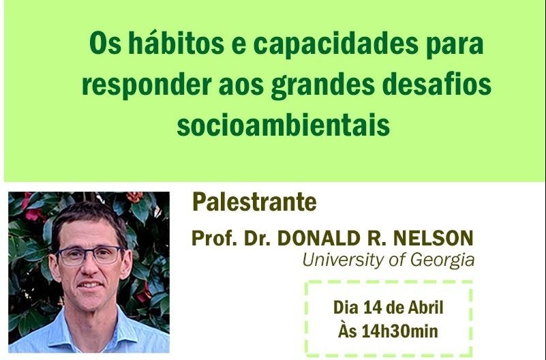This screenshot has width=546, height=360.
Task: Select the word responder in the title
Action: (147, 85)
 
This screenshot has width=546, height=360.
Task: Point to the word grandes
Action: (323, 85)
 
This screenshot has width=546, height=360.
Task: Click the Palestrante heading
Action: (254, 202)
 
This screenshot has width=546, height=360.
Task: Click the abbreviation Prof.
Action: (213, 239)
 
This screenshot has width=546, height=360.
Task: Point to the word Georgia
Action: (442, 260)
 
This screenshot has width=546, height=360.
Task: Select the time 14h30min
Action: (399, 331)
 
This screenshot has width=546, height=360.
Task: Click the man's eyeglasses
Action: (89, 255)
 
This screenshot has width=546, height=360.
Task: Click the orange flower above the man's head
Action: (134, 197)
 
